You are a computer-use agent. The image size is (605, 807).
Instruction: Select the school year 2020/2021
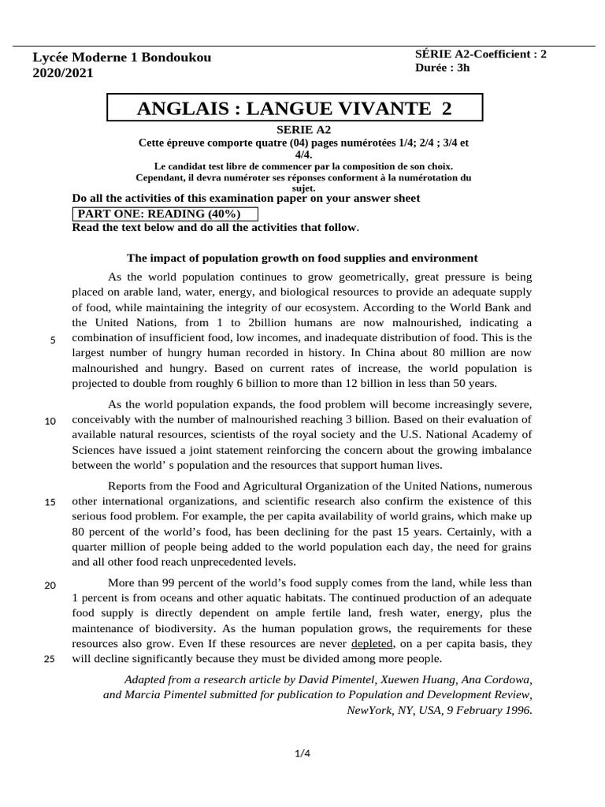point(62,73)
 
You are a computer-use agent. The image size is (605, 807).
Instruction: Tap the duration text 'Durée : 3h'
point(442,68)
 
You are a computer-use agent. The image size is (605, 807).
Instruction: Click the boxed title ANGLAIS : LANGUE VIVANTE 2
point(295,109)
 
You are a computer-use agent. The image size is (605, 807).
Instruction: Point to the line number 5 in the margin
point(52,340)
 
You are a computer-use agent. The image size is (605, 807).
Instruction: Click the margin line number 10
point(50,421)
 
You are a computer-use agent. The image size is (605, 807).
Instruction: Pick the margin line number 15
point(50,503)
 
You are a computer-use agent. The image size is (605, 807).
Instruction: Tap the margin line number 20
point(50,585)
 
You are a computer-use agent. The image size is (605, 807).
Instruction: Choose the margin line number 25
point(50,660)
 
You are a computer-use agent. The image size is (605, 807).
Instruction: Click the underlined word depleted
point(372,644)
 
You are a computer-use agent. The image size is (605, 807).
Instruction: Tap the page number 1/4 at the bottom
point(302,754)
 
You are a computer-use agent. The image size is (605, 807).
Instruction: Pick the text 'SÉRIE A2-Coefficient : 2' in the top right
point(480,54)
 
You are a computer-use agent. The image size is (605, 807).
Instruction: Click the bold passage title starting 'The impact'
point(302,258)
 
